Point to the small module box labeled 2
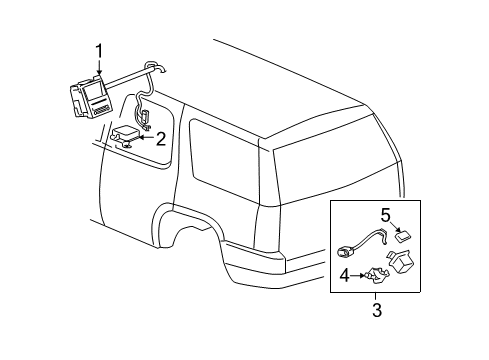(127, 135)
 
